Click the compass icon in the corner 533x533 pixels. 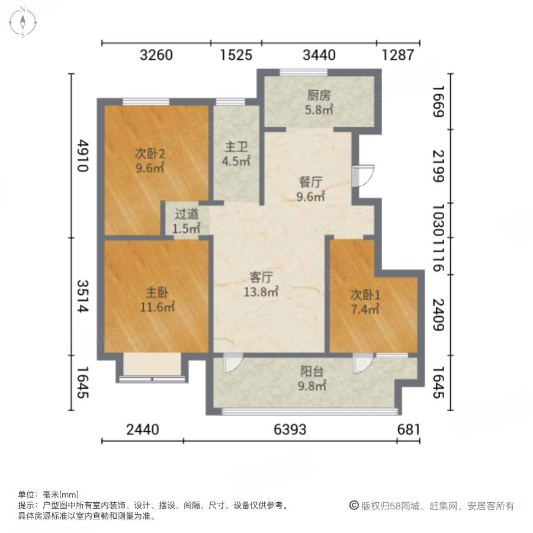pos(23,22)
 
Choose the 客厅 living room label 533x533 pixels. pos(261,277)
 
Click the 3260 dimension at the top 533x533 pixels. pos(156,55)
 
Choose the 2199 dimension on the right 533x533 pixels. pos(438,166)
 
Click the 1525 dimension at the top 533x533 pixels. pos(236,55)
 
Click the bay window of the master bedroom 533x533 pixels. pos(152,367)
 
